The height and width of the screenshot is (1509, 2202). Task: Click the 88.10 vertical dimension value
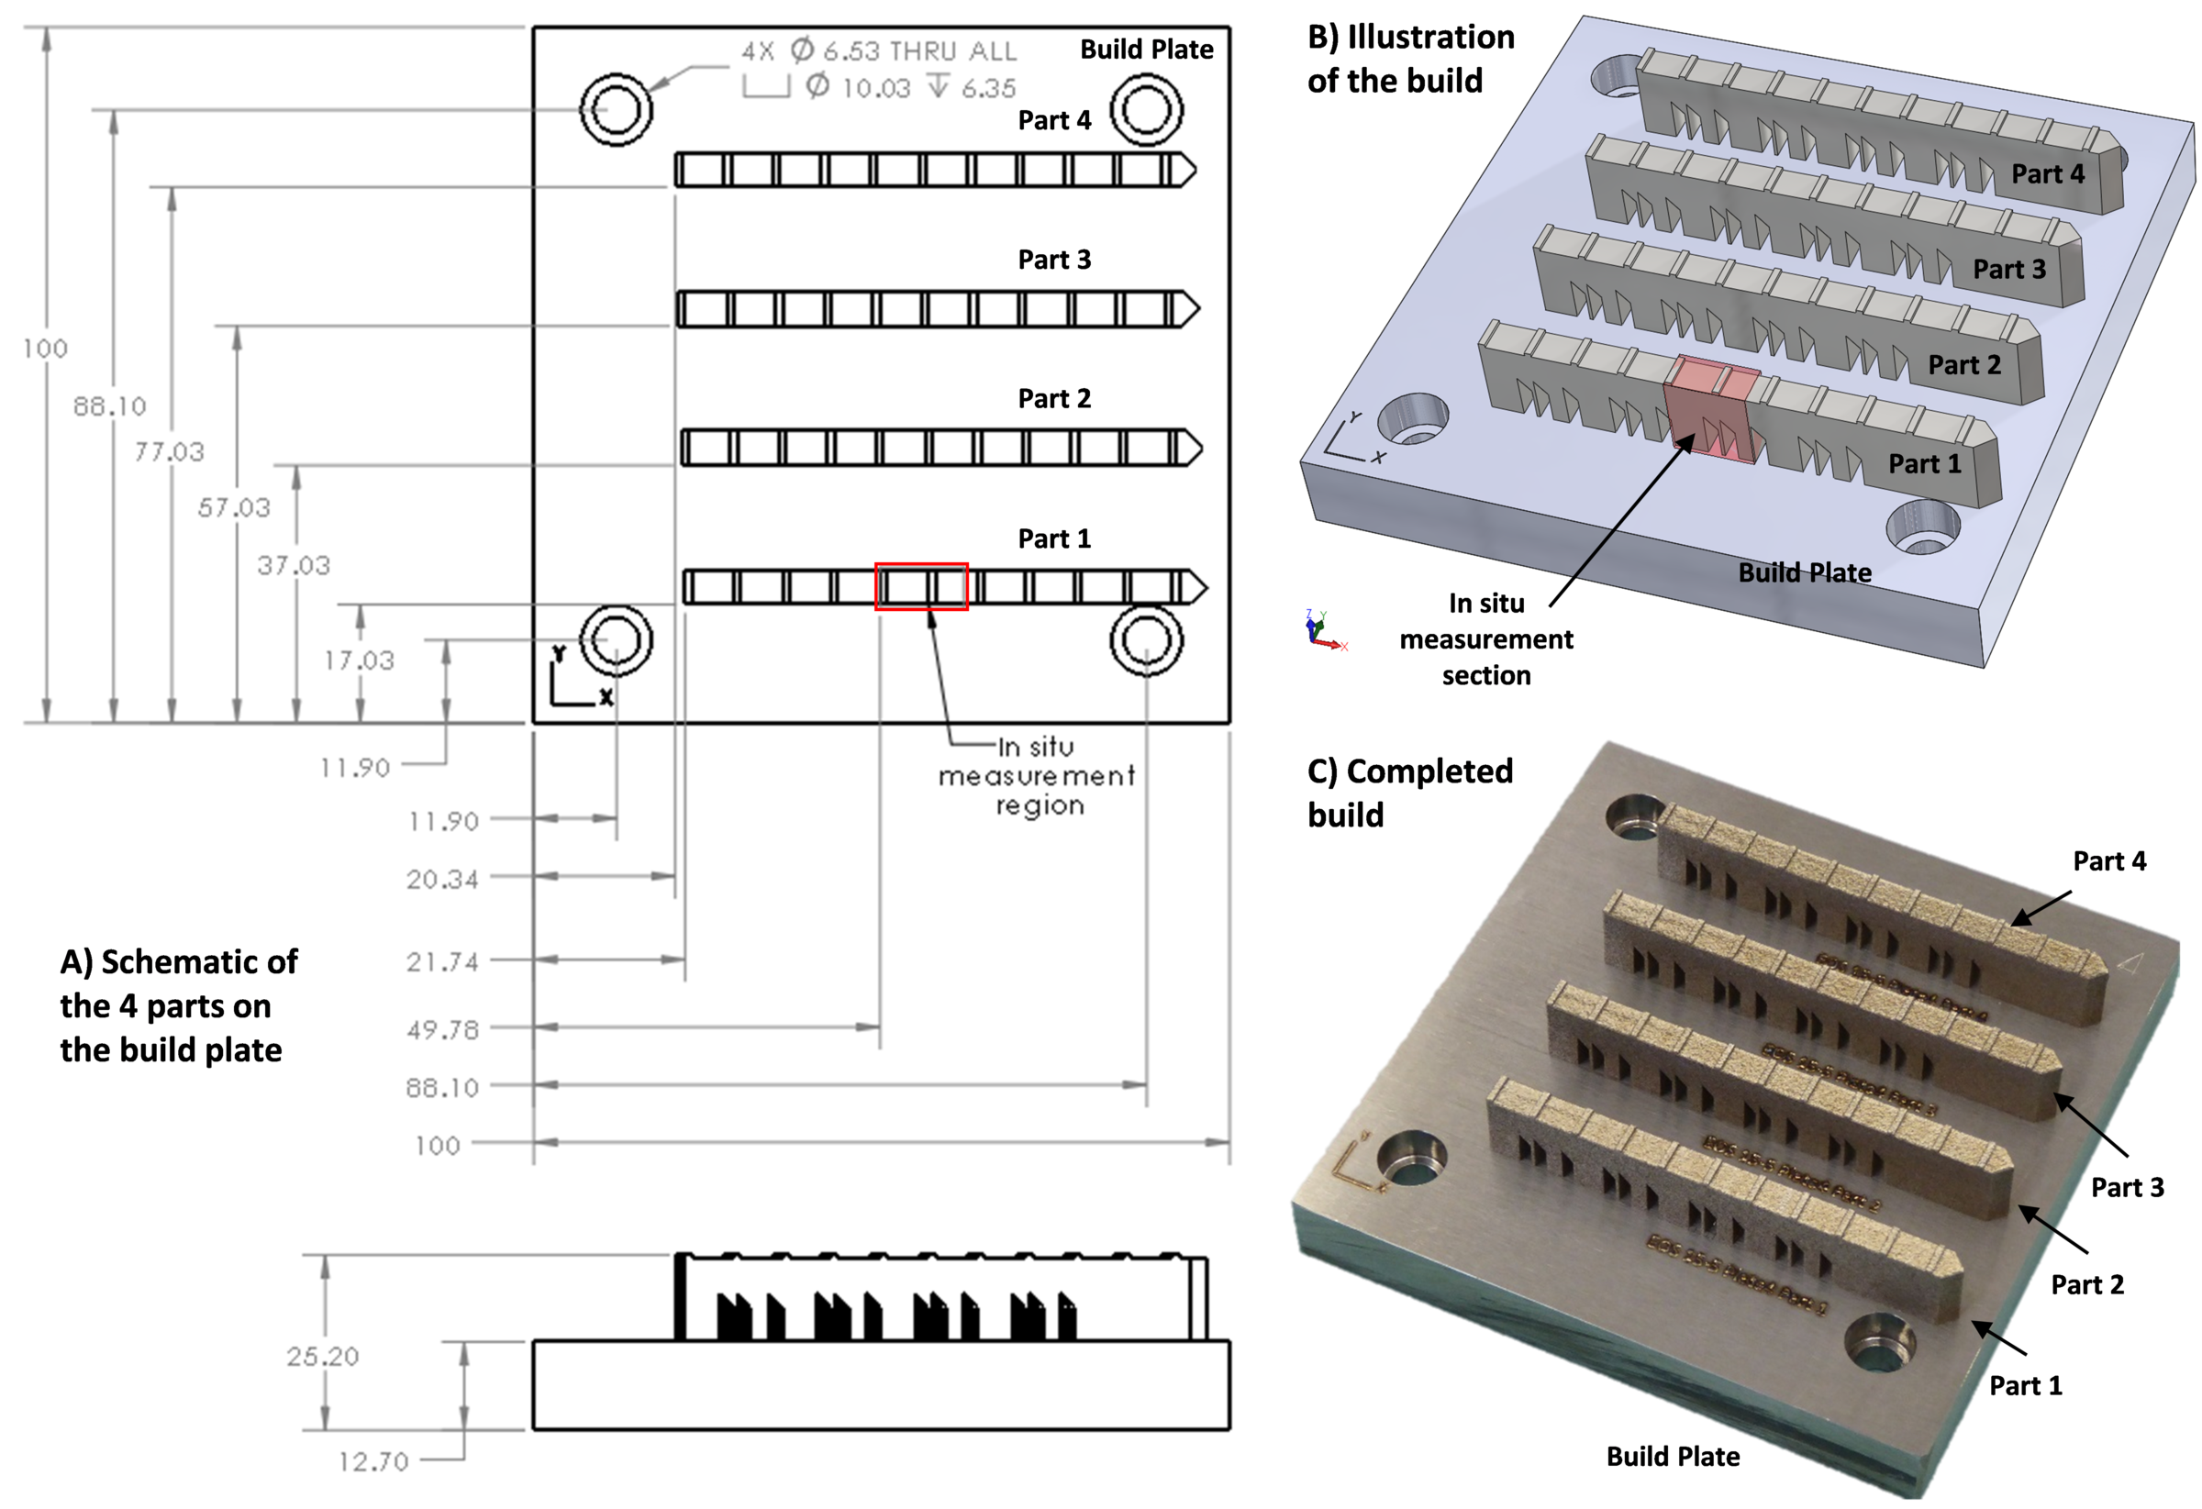110,406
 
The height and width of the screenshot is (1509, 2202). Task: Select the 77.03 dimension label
169,452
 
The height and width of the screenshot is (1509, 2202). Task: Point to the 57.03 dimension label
234,507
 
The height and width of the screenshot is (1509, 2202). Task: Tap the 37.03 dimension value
294,565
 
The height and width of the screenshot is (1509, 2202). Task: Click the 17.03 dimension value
358,660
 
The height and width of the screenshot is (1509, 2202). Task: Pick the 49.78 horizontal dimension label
442,1029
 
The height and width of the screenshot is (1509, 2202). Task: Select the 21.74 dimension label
442,962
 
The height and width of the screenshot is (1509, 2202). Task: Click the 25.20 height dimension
323,1357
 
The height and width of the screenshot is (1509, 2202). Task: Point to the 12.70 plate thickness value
373,1461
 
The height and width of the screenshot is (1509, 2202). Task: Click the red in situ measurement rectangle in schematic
921,586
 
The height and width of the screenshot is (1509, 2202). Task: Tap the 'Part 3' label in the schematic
1053,260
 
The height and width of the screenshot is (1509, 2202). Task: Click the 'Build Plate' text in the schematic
1147,50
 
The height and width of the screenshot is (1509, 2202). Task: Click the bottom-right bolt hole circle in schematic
1147,640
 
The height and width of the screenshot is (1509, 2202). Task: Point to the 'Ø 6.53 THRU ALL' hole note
878,50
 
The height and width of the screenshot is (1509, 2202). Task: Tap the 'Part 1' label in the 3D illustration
1925,463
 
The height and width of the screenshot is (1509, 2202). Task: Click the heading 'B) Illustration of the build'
1410,59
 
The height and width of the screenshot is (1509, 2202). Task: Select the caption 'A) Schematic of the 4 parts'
178,1005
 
